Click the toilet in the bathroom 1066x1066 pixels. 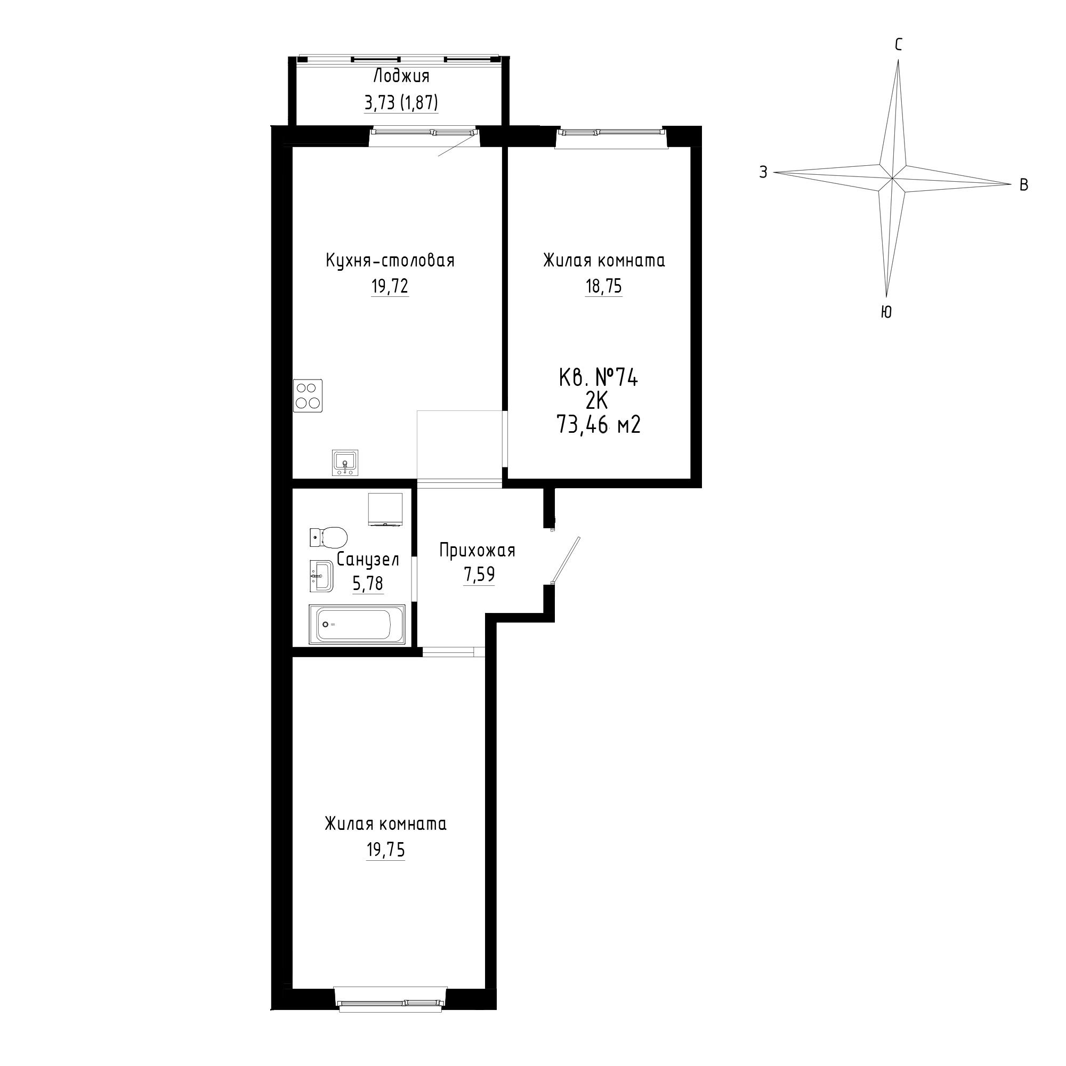point(328,536)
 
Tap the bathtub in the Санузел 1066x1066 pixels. point(357,624)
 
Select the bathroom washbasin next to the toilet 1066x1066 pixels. point(320,576)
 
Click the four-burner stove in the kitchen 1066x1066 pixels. point(308,395)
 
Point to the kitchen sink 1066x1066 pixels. point(345,462)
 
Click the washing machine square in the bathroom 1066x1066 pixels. point(385,510)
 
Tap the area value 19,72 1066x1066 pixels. point(390,286)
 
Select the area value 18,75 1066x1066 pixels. point(604,286)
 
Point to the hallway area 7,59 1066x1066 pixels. point(479,575)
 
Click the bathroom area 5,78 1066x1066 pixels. point(368,583)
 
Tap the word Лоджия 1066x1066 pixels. point(401,76)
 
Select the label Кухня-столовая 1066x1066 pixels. point(390,261)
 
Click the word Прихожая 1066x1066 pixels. point(477,550)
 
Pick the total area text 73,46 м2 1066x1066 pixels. point(599,425)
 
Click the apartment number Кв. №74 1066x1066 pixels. point(599,378)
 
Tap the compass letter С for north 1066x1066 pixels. point(898,45)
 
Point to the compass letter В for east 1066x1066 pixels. point(1023,185)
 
